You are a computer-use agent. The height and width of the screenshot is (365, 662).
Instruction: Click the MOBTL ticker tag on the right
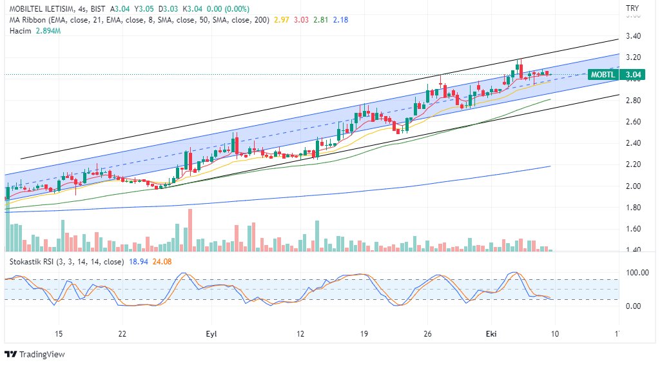[x=603, y=75]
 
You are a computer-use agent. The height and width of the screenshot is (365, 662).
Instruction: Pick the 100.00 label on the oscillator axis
[x=637, y=273]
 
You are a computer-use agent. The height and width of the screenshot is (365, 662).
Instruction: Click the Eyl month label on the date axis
[x=211, y=333]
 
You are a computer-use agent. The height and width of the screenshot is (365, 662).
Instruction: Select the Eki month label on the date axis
[x=491, y=333]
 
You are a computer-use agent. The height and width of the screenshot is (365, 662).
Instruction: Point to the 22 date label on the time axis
[x=122, y=333]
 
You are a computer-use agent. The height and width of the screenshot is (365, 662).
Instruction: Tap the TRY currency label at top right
[x=632, y=8]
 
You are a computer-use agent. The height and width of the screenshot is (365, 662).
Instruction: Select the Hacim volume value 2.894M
[x=48, y=31]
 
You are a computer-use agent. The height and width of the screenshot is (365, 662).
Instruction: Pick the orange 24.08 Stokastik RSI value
[x=161, y=262]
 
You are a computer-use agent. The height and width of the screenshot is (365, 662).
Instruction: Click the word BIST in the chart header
[x=99, y=8]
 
